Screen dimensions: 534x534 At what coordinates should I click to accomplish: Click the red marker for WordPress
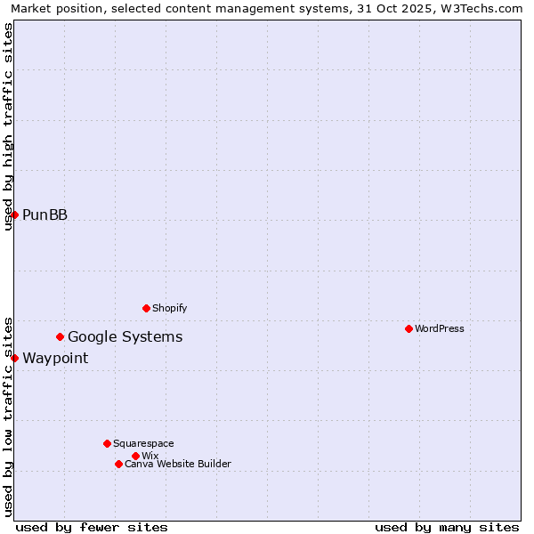pos(409,328)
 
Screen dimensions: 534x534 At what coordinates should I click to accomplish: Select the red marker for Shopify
pos(146,308)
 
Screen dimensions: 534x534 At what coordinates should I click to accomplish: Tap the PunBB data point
pos(14,214)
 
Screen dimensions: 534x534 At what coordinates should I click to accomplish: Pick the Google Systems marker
pos(60,336)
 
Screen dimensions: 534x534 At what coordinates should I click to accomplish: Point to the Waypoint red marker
pos(14,358)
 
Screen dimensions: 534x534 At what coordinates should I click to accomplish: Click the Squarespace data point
pos(107,443)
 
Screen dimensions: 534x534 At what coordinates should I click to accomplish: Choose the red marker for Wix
pos(135,456)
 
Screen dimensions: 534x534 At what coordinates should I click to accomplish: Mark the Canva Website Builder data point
pos(118,464)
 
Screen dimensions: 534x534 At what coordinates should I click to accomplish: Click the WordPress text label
pos(440,328)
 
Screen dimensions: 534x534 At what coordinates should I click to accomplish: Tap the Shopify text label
pos(169,308)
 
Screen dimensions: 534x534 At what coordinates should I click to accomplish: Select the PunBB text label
pos(44,214)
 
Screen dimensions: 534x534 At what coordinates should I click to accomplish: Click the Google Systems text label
pos(125,336)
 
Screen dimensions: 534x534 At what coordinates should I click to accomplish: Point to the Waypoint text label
pos(55,358)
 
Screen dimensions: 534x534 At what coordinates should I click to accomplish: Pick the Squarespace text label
pos(143,443)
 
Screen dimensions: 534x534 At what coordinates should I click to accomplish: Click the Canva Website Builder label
pos(178,464)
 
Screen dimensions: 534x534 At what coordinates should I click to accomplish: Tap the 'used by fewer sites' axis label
pos(92,527)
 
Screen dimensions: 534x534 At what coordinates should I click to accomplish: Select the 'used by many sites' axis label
pos(447,527)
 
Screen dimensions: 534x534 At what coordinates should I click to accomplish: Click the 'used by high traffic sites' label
pos(8,126)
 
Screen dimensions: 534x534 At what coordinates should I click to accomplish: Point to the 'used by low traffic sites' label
pos(8,417)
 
